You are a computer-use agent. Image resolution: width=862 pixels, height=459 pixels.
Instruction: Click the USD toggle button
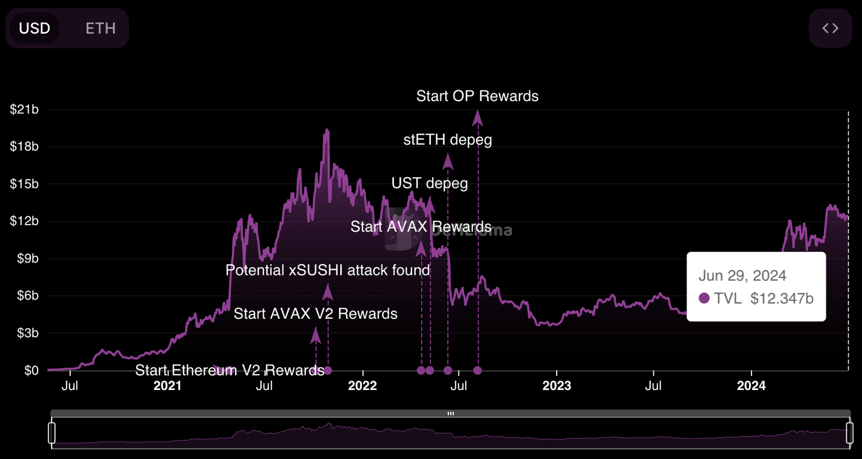[x=35, y=28]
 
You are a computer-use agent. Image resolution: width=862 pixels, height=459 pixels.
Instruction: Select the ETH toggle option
[x=100, y=28]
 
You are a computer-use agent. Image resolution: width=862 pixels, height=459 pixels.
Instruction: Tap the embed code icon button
[x=830, y=28]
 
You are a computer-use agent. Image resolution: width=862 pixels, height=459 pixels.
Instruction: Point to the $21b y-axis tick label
[x=24, y=109]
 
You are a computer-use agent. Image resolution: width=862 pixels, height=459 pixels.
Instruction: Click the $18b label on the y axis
[x=24, y=146]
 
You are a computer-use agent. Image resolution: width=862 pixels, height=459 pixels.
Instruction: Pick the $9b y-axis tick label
[x=27, y=259]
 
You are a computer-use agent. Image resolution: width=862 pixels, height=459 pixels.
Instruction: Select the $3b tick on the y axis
[x=27, y=333]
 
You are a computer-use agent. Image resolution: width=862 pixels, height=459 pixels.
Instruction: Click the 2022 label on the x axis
[x=362, y=385]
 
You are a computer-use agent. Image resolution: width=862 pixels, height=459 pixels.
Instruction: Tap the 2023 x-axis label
[x=557, y=385]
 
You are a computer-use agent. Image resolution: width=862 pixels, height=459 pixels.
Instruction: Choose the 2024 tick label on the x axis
[x=751, y=385]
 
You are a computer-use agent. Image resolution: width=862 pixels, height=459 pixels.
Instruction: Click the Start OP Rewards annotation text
[x=477, y=96]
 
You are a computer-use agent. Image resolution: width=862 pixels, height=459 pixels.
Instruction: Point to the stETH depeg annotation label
[x=447, y=140]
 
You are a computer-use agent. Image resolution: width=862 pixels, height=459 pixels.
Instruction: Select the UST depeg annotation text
[x=429, y=183]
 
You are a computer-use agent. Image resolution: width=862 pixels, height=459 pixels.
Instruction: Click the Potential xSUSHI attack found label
[x=328, y=270]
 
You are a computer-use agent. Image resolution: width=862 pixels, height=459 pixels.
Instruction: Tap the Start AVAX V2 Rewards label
[x=315, y=314]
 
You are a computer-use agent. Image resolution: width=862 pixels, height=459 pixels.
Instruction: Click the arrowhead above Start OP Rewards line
[x=478, y=117]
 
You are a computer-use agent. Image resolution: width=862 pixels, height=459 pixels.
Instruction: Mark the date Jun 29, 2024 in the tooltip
[x=742, y=276]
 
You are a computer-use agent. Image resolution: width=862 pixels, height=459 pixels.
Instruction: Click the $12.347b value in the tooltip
[x=782, y=299]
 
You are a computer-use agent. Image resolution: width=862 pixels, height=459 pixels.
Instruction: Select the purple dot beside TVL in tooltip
[x=704, y=298]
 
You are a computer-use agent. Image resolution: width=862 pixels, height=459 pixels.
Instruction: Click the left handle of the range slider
[x=52, y=433]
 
